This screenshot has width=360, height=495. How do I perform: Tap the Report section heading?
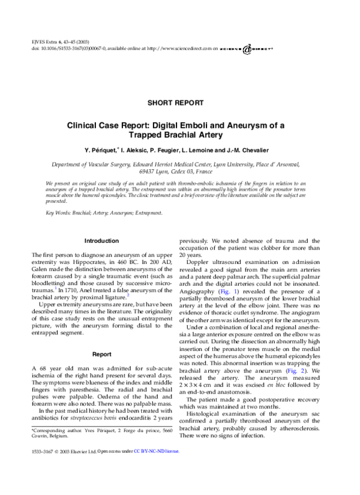click(101, 354)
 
